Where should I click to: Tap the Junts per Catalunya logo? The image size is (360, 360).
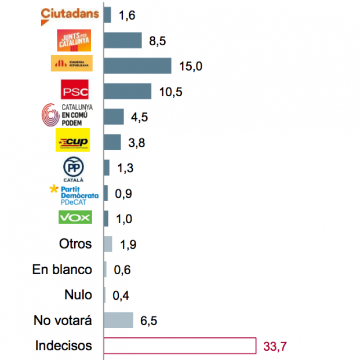click(75, 41)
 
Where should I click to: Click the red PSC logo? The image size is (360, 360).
click(75, 92)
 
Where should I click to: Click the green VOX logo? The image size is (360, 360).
click(75, 218)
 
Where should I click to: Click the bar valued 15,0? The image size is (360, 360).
click(137, 66)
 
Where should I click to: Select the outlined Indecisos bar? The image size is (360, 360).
click(180, 346)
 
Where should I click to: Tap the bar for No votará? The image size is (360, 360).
click(118, 321)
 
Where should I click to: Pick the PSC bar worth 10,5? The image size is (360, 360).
click(128, 92)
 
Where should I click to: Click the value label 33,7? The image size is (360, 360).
click(275, 347)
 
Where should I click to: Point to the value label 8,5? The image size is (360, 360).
click(158, 42)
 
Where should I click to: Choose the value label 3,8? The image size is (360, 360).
click(137, 143)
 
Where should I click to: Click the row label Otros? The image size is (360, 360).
click(75, 244)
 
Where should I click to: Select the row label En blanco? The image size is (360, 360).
click(62, 270)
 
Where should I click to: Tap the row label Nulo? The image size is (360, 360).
click(78, 295)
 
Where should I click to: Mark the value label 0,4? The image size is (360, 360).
click(121, 296)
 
